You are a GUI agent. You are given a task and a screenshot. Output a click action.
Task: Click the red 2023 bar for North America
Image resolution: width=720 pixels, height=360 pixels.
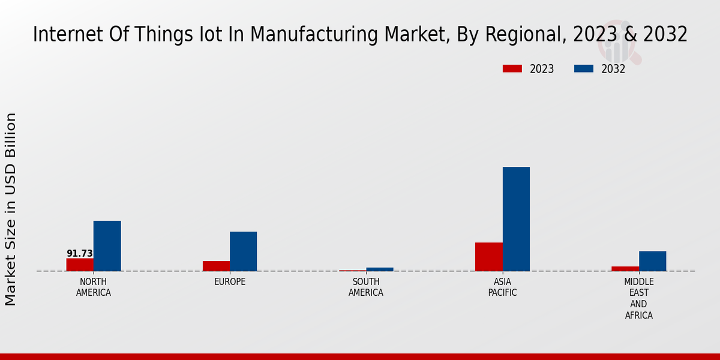tap(80, 265)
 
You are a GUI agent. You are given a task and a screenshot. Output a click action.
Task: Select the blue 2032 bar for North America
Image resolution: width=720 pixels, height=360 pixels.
tap(107, 246)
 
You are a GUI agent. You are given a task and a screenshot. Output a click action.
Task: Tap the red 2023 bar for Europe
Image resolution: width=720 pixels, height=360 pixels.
tap(216, 266)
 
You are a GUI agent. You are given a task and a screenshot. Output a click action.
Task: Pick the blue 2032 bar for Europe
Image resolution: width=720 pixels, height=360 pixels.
tap(243, 251)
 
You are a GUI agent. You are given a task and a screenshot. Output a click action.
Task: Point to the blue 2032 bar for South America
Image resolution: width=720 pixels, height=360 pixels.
tap(380, 269)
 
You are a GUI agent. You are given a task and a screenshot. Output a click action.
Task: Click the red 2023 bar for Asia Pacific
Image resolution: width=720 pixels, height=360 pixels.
tap(488, 257)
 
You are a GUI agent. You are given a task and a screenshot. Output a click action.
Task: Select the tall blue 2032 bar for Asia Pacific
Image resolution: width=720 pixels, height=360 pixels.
tap(516, 219)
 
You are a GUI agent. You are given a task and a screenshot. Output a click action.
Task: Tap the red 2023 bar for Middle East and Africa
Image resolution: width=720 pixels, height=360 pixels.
tap(625, 269)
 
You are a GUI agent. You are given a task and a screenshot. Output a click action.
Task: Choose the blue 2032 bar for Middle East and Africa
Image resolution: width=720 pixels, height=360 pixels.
tap(652, 261)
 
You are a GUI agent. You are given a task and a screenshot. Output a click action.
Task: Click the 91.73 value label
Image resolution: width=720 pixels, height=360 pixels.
tap(80, 254)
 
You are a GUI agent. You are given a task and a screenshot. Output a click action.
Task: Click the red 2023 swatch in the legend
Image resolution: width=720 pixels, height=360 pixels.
tap(512, 69)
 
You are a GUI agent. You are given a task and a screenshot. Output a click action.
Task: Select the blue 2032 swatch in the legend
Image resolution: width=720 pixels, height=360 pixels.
tap(583, 69)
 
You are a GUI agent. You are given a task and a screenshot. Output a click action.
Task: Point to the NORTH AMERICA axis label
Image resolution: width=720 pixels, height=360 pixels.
tap(94, 287)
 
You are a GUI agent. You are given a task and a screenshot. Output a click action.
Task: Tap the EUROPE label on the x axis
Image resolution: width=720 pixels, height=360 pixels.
tap(230, 282)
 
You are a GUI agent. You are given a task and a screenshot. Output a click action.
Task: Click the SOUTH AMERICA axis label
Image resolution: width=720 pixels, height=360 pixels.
tap(366, 287)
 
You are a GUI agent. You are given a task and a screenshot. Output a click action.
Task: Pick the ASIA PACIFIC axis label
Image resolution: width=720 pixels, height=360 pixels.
tap(502, 287)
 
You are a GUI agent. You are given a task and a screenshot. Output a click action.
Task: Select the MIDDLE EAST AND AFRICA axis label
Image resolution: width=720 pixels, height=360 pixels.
tap(639, 298)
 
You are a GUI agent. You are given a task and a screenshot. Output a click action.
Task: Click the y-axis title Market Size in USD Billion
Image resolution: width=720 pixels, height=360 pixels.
tap(11, 209)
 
